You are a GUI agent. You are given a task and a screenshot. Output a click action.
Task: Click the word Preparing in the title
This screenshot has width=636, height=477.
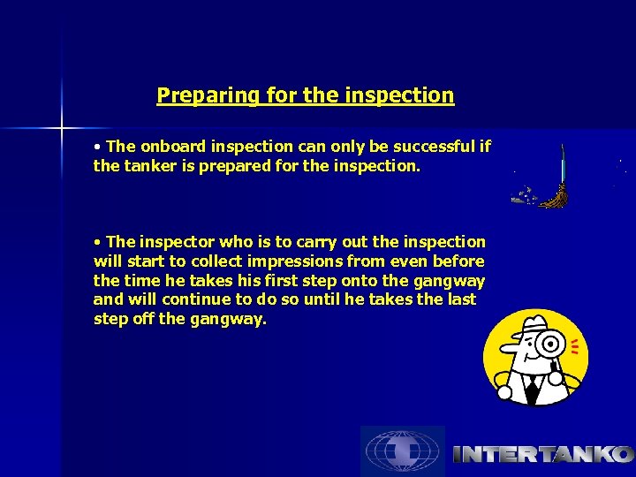tap(196, 95)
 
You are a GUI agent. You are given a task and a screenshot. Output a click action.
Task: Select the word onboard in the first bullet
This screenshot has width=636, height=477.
tap(167, 146)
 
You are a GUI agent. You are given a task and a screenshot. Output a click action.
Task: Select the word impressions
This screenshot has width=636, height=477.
tap(294, 261)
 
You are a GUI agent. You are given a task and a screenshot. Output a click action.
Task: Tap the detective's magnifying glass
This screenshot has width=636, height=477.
tap(553, 344)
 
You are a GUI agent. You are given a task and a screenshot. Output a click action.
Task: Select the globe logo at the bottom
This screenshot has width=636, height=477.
tap(402, 451)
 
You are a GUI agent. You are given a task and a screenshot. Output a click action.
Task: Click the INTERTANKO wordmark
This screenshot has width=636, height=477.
tap(542, 455)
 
